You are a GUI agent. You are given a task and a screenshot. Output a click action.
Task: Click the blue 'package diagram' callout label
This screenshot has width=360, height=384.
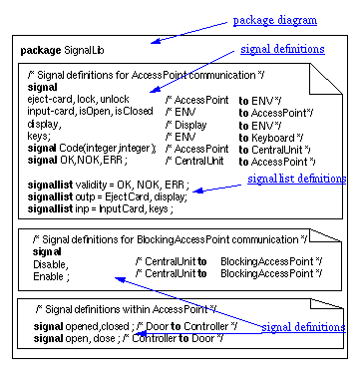point(275,20)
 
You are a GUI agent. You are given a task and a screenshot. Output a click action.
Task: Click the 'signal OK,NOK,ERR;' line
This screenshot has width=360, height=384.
point(72,160)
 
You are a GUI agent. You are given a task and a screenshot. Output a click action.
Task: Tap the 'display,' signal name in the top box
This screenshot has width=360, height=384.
point(45,125)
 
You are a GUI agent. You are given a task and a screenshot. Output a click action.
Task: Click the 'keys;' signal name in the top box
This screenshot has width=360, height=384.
point(39,137)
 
